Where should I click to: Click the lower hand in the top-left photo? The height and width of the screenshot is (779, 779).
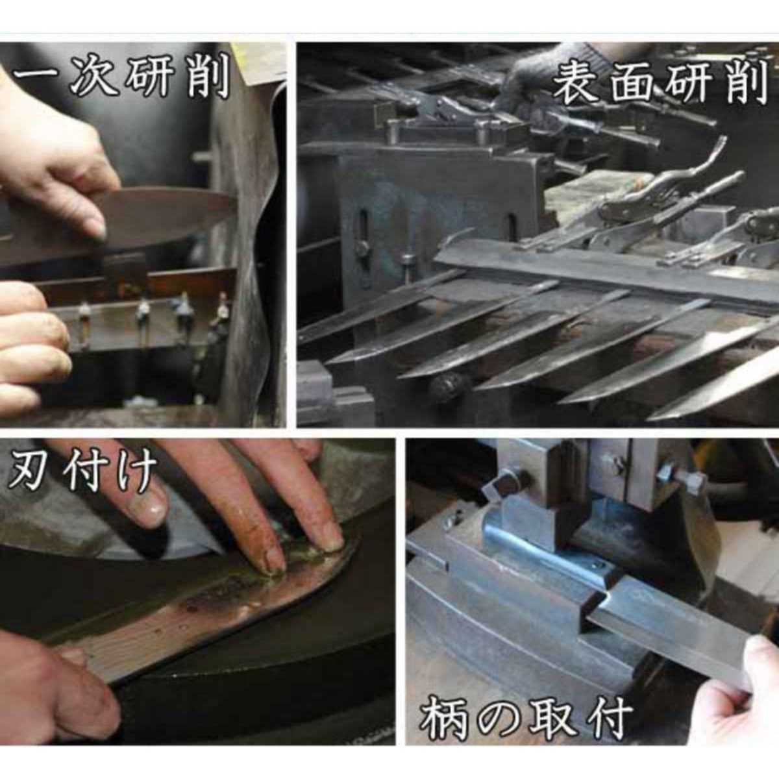click(x=32, y=343)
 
